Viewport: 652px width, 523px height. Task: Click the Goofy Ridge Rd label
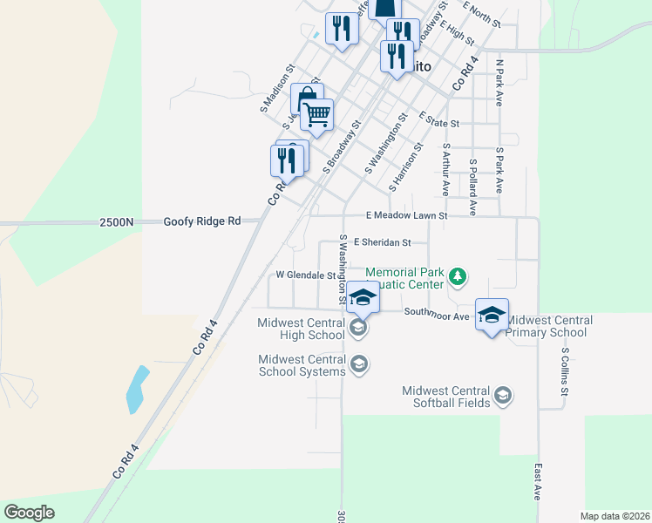click(x=201, y=221)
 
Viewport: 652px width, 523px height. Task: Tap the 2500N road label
click(x=117, y=221)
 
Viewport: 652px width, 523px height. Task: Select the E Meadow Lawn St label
click(x=406, y=215)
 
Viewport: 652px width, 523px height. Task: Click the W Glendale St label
click(x=306, y=275)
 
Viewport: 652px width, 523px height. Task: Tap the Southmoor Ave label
click(x=437, y=316)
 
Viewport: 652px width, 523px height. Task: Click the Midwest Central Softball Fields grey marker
click(x=502, y=397)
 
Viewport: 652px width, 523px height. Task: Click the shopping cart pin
click(x=317, y=113)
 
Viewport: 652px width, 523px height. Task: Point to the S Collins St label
click(x=565, y=373)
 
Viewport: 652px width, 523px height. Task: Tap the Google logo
click(x=30, y=513)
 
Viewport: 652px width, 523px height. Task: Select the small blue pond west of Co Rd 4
click(x=136, y=389)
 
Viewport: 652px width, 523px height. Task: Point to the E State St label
click(x=438, y=119)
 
